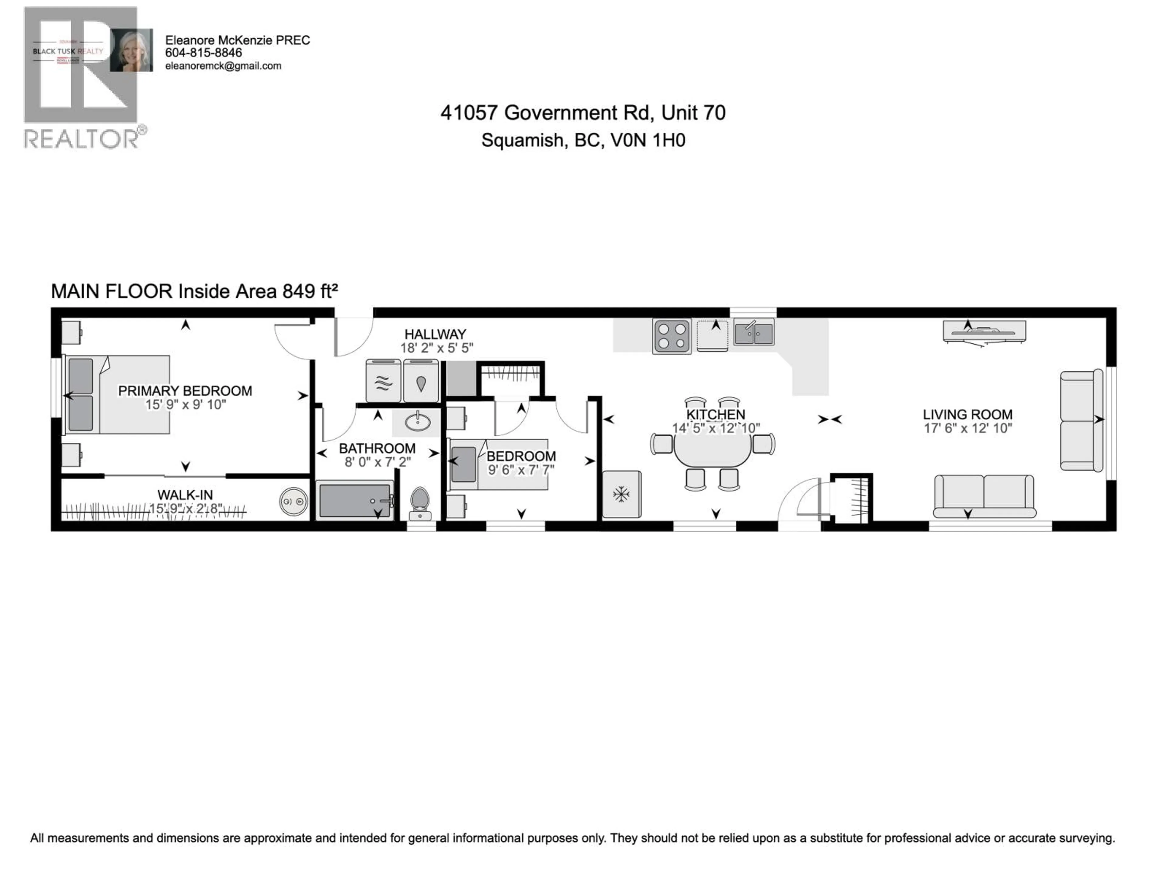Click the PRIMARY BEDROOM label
pos(185,391)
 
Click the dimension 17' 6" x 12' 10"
pos(967,428)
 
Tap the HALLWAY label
pos(435,334)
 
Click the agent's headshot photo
pos(131,50)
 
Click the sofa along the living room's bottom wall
pos(984,495)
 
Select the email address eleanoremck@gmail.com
pos(223,66)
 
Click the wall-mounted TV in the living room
pos(984,331)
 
